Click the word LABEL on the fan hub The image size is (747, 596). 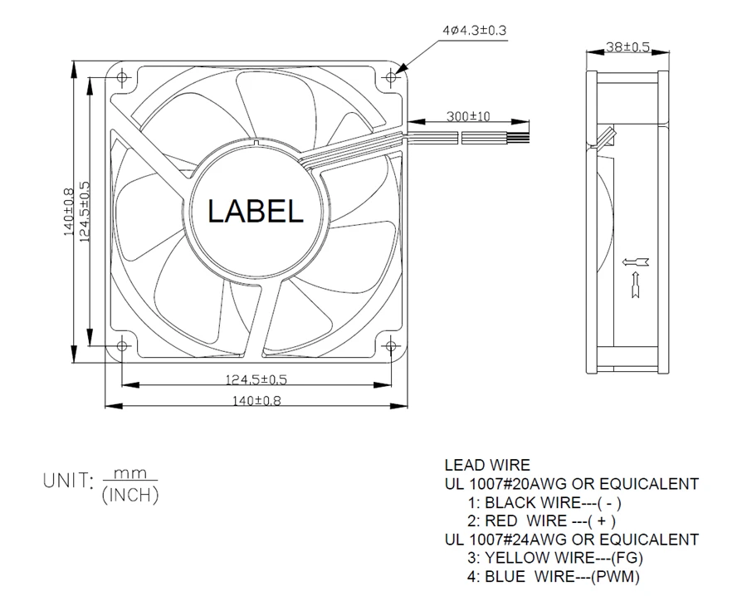coord(256,211)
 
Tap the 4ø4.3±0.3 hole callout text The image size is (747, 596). coord(475,31)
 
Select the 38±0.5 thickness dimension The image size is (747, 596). coord(627,46)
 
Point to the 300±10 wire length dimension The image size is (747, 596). coord(468,115)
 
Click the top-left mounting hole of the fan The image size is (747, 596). coord(122,76)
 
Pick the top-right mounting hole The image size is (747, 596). coord(391,76)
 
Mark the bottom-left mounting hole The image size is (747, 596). coord(122,345)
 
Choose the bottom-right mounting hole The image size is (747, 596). coord(391,345)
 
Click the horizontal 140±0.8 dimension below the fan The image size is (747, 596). coord(256,401)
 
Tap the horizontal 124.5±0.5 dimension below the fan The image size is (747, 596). coord(256,379)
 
